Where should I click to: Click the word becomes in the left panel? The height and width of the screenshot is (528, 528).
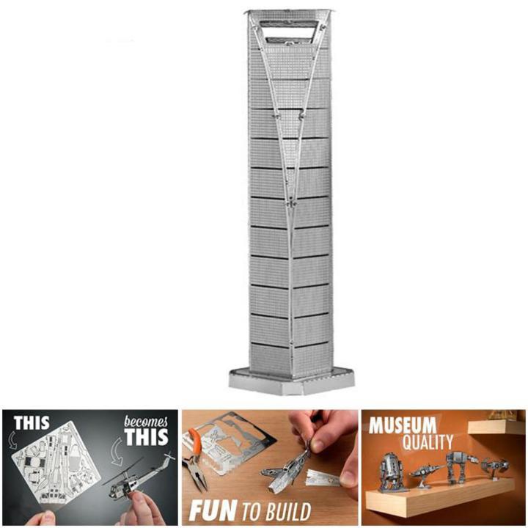click(x=145, y=422)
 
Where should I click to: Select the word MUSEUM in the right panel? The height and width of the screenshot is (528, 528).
click(x=403, y=425)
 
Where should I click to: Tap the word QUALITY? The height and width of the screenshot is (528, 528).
click(x=428, y=441)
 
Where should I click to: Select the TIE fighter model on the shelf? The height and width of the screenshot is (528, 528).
click(x=494, y=466)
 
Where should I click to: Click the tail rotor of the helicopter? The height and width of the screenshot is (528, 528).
click(x=169, y=457)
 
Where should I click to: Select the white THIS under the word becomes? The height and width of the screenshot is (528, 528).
click(x=146, y=437)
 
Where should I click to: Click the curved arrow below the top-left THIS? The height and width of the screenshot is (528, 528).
click(x=12, y=439)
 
